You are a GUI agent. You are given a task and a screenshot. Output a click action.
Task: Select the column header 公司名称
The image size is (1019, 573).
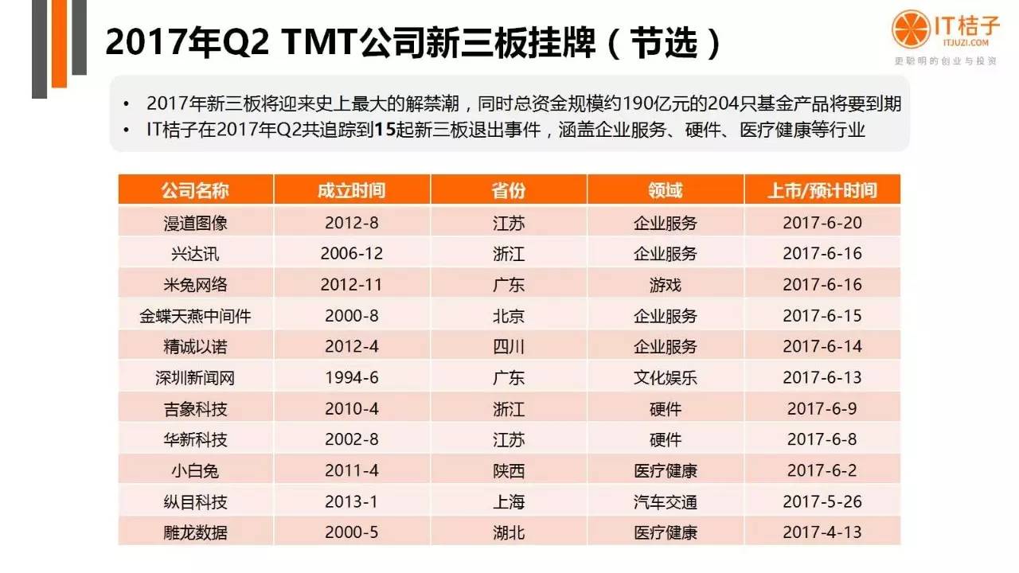[195, 191]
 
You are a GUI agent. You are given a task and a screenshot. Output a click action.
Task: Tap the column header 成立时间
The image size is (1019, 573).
[351, 191]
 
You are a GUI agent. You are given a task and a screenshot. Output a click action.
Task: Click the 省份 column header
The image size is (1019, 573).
[509, 191]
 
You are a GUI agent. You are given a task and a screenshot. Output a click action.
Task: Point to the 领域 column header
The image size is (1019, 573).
[665, 191]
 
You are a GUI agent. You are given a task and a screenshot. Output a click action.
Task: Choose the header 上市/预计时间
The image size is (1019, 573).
[822, 191]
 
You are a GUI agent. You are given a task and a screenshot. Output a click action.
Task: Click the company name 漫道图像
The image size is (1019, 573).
[195, 223]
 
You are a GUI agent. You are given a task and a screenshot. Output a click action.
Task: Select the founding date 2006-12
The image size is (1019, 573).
[351, 254]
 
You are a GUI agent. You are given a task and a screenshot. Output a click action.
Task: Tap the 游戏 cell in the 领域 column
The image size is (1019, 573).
[665, 285]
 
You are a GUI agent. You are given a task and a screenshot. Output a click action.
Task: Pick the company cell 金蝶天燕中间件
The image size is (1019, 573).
[195, 316]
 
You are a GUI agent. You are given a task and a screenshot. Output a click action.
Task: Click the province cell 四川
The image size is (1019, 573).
[509, 347]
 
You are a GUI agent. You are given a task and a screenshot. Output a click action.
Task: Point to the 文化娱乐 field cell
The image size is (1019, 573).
[665, 378]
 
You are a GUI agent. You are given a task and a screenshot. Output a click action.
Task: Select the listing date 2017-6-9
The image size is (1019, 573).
[822, 409]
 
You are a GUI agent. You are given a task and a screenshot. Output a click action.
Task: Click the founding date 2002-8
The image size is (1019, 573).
[351, 440]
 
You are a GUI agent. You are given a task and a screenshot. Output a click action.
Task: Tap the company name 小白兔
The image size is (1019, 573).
[195, 471]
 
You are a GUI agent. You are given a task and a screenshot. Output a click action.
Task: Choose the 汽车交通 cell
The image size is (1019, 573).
[665, 502]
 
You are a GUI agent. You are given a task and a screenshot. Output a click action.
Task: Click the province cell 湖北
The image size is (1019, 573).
[509, 532]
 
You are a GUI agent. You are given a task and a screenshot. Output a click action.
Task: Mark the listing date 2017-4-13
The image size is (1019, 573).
[822, 532]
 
